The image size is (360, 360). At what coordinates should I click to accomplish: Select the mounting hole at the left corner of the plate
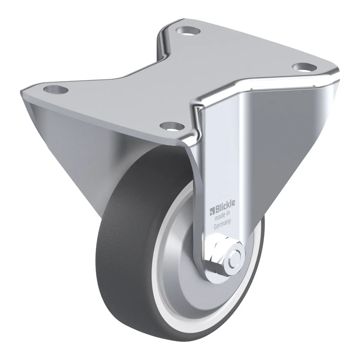tap(55, 89)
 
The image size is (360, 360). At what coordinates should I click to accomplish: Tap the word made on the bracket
tap(218, 217)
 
